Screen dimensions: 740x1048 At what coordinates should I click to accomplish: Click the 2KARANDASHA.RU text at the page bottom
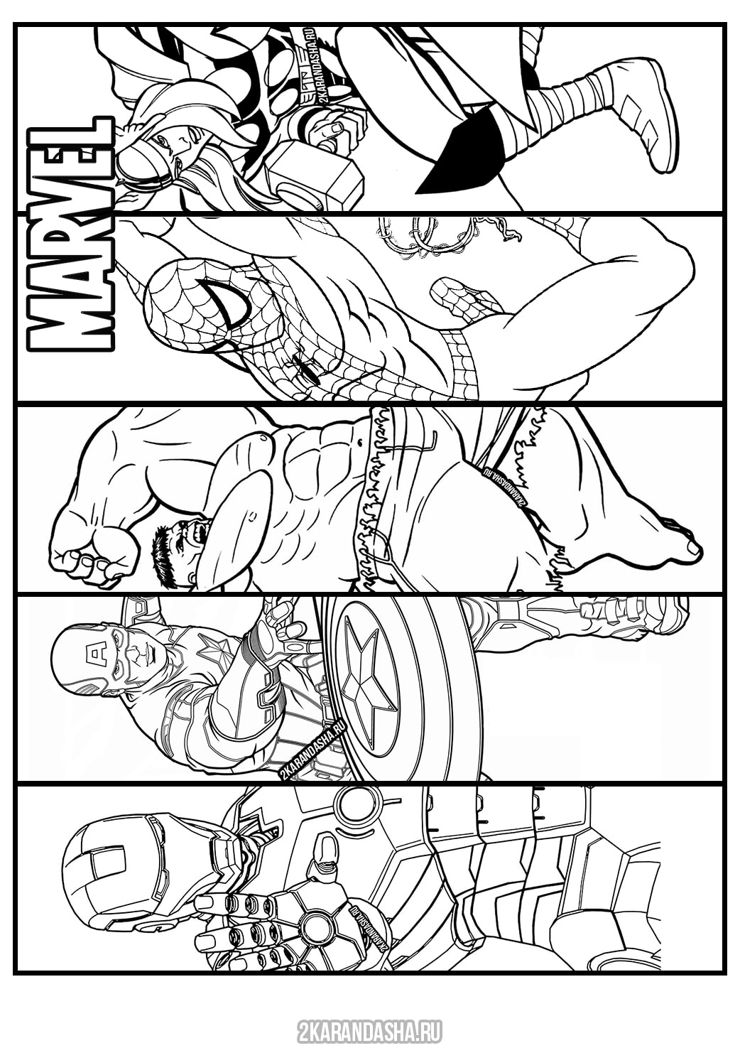click(x=369, y=1027)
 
